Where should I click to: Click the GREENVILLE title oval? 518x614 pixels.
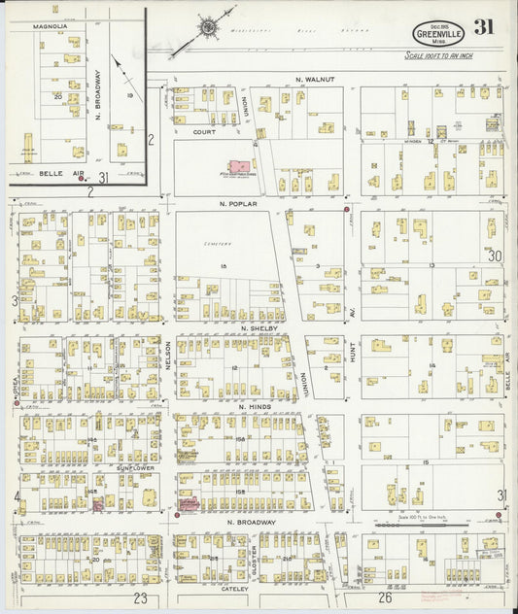[437, 32]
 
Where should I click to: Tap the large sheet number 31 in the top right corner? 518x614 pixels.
[483, 27]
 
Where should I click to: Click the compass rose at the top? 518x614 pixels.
[209, 27]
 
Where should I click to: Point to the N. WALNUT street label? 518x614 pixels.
[315, 78]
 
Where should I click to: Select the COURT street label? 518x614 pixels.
[203, 132]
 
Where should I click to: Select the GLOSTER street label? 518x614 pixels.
[253, 554]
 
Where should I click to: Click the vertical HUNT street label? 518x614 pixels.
[353, 357]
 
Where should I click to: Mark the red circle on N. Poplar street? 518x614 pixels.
[347, 209]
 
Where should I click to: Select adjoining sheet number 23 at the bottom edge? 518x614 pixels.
[141, 597]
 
